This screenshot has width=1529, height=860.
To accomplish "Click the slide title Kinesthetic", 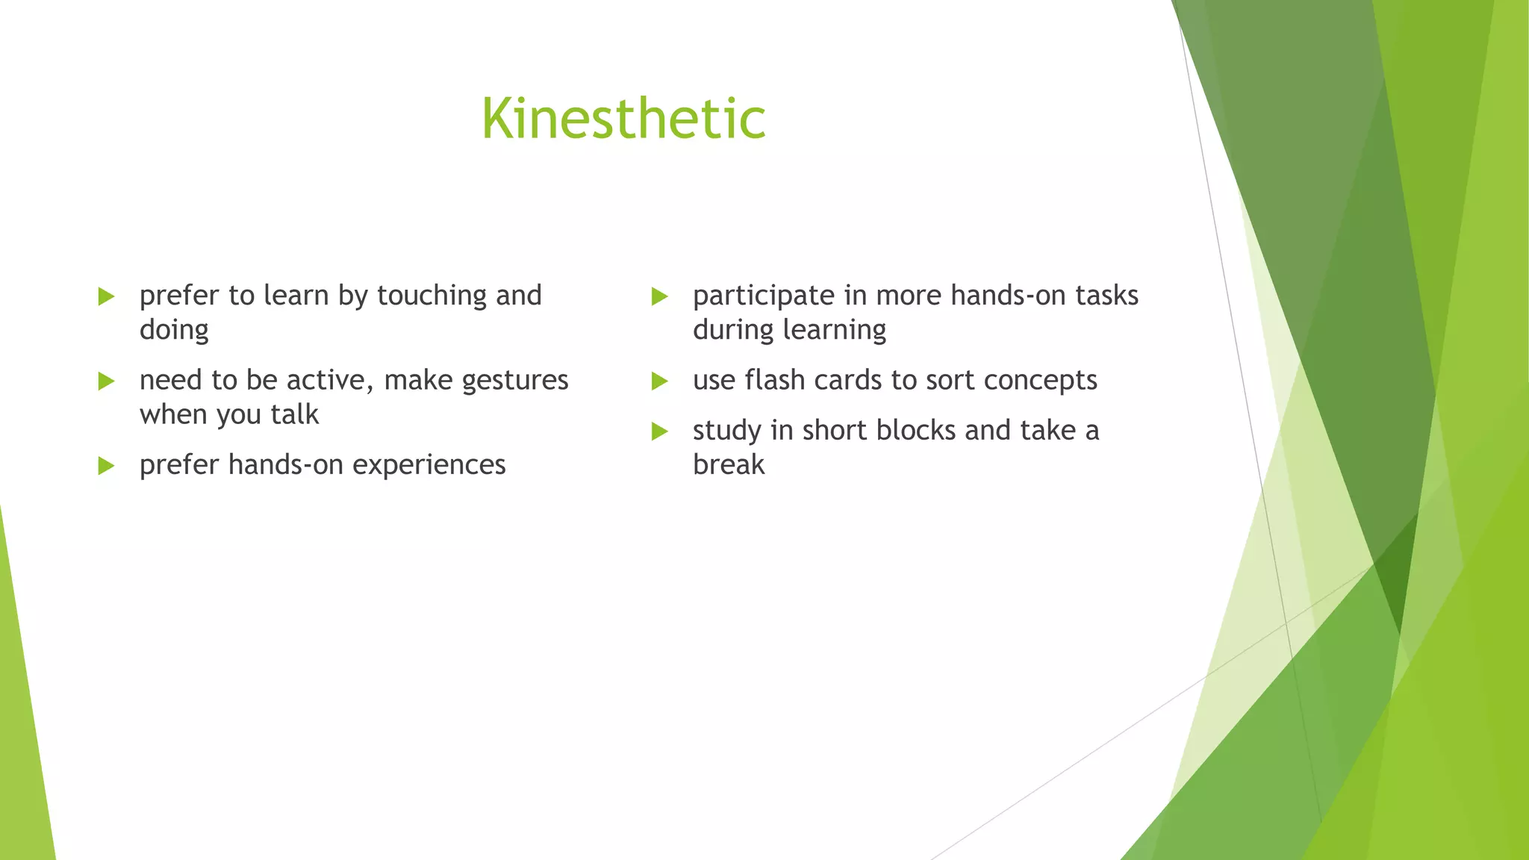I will (x=623, y=119).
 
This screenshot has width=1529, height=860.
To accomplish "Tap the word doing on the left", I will (x=174, y=330).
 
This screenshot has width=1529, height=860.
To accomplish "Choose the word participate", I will (x=763, y=296).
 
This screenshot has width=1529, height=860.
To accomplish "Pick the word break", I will (x=729, y=465).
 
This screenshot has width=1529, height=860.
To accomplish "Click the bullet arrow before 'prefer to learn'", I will (x=106, y=296).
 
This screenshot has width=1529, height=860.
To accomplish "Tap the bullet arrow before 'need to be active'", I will (x=106, y=381).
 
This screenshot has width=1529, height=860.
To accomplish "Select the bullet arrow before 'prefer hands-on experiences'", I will (x=106, y=466).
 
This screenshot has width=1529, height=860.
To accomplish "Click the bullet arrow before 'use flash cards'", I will (x=659, y=381).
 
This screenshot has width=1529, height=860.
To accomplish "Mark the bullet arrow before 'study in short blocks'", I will (x=659, y=431).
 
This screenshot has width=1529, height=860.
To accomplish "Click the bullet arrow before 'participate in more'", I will (x=659, y=296).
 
